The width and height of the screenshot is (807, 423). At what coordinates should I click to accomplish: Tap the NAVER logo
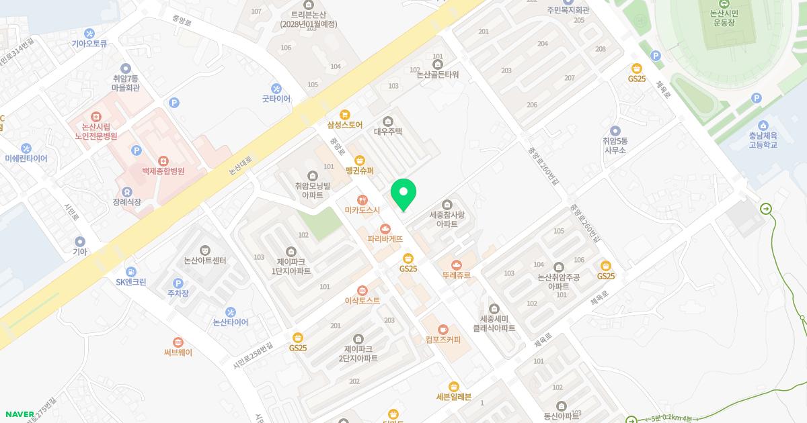tap(20, 414)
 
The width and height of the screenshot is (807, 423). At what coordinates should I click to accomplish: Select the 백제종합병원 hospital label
tap(163, 171)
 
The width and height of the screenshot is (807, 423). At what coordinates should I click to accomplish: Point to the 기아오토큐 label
tap(89, 44)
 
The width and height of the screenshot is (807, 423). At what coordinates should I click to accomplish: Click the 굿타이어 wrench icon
tap(276, 88)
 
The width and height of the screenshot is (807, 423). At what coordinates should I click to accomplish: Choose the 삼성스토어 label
tap(345, 125)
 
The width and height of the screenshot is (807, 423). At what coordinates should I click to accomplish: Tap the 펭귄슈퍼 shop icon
tap(360, 160)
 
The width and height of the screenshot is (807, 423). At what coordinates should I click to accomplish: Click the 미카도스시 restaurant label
tap(362, 210)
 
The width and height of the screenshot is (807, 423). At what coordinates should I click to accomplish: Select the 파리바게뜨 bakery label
tap(385, 238)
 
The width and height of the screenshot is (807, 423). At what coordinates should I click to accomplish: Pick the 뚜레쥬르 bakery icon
tap(457, 265)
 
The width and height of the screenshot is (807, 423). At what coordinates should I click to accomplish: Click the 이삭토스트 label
tap(362, 301)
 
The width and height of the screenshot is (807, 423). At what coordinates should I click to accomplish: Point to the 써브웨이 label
tap(178, 352)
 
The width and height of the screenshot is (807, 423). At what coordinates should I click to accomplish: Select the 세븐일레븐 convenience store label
tap(454, 396)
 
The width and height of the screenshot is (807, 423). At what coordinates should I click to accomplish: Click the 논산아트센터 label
tap(205, 261)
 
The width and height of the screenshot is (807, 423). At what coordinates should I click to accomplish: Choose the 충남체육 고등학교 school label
tap(763, 140)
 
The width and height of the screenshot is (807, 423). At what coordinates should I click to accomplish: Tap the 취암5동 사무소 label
tap(615, 146)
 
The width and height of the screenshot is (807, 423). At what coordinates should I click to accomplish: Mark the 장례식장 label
tap(127, 202)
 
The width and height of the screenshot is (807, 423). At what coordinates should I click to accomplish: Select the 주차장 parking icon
tap(178, 283)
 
